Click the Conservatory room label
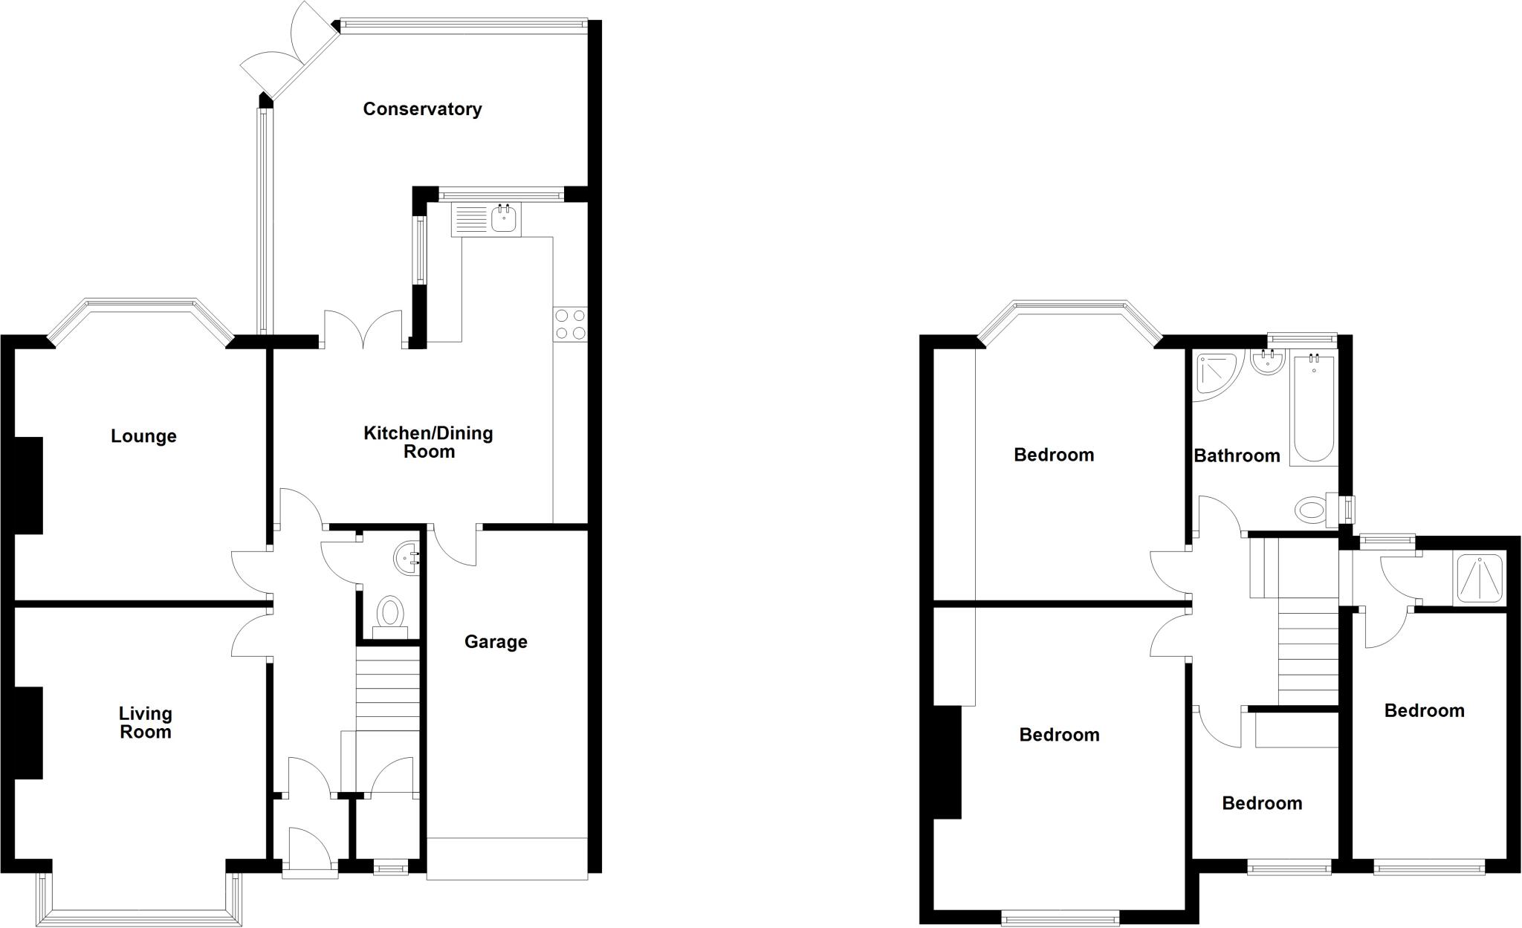point(422,109)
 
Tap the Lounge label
point(143,436)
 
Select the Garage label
point(496,642)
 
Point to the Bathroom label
point(1237,455)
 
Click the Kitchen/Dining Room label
point(428,442)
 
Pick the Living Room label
point(146,723)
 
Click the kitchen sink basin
point(505,218)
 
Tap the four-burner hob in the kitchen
point(570,325)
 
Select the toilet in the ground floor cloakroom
point(389,616)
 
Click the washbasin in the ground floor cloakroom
point(407,558)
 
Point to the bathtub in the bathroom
point(1313,409)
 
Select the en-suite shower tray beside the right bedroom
point(1479,577)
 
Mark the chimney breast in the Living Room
point(28,733)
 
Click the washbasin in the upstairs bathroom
point(1268,363)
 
